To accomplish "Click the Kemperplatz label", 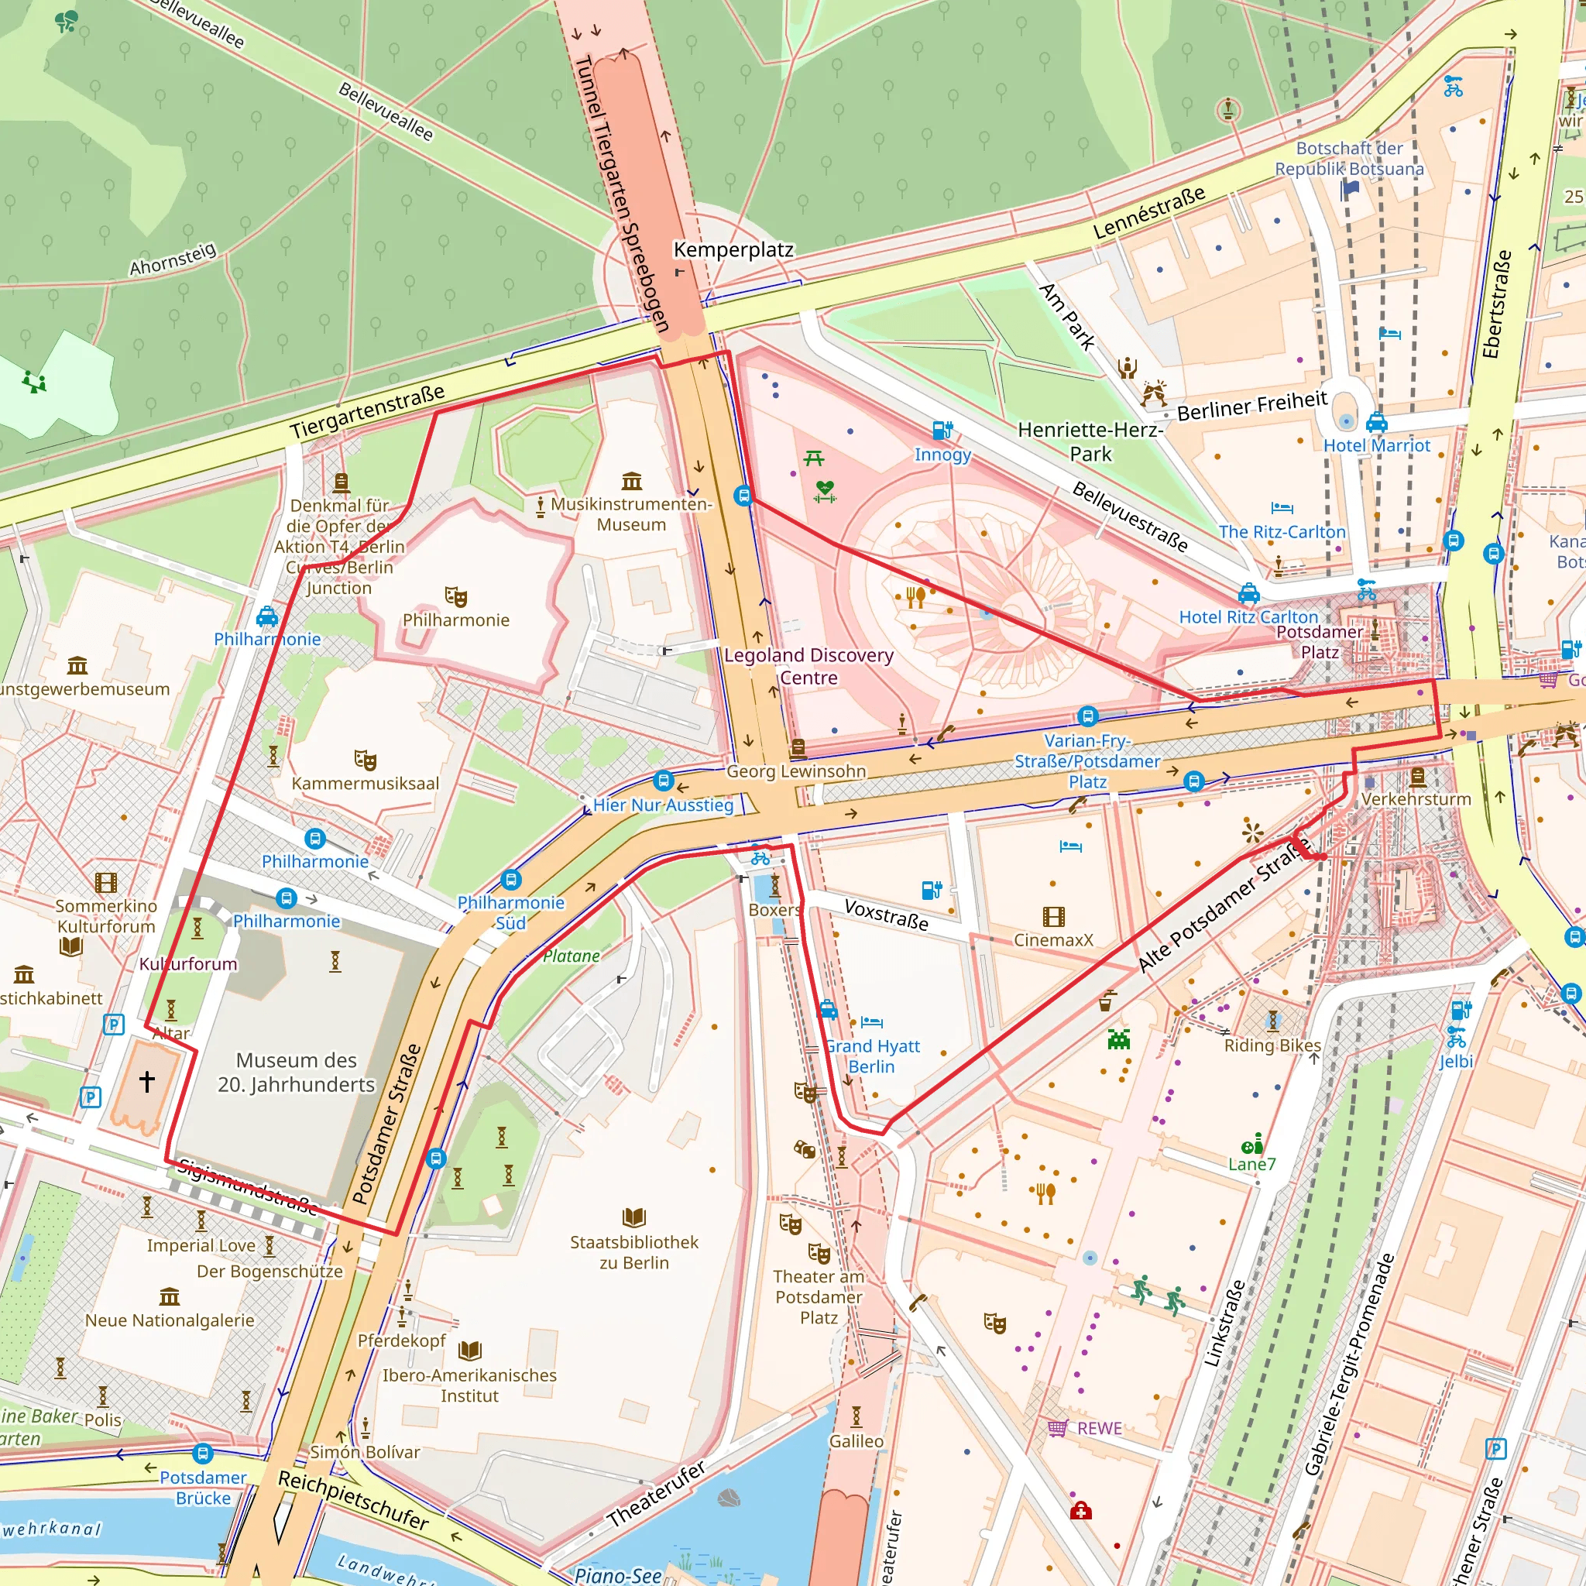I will [x=733, y=249].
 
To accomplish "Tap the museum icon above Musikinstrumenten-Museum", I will [x=631, y=480].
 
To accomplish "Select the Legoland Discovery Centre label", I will [x=808, y=666].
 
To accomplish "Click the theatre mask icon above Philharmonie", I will [x=455, y=597].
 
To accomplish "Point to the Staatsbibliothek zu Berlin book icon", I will [x=633, y=1217].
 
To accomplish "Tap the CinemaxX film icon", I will [x=1053, y=917].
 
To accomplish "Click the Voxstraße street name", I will [x=887, y=915].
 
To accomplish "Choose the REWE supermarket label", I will [x=1099, y=1428].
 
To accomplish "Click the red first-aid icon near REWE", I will [x=1080, y=1512].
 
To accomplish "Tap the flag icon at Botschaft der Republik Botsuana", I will [x=1350, y=191].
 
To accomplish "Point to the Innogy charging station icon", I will [x=942, y=430].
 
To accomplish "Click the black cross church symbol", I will [x=147, y=1081].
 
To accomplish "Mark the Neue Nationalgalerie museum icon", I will [x=169, y=1296].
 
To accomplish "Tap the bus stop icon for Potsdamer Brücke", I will [x=203, y=1454].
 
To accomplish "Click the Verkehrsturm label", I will [x=1416, y=798].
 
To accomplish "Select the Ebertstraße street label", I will [x=1496, y=304].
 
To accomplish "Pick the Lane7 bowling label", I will [x=1252, y=1164].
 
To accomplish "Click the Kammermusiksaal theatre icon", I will [x=366, y=760].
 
